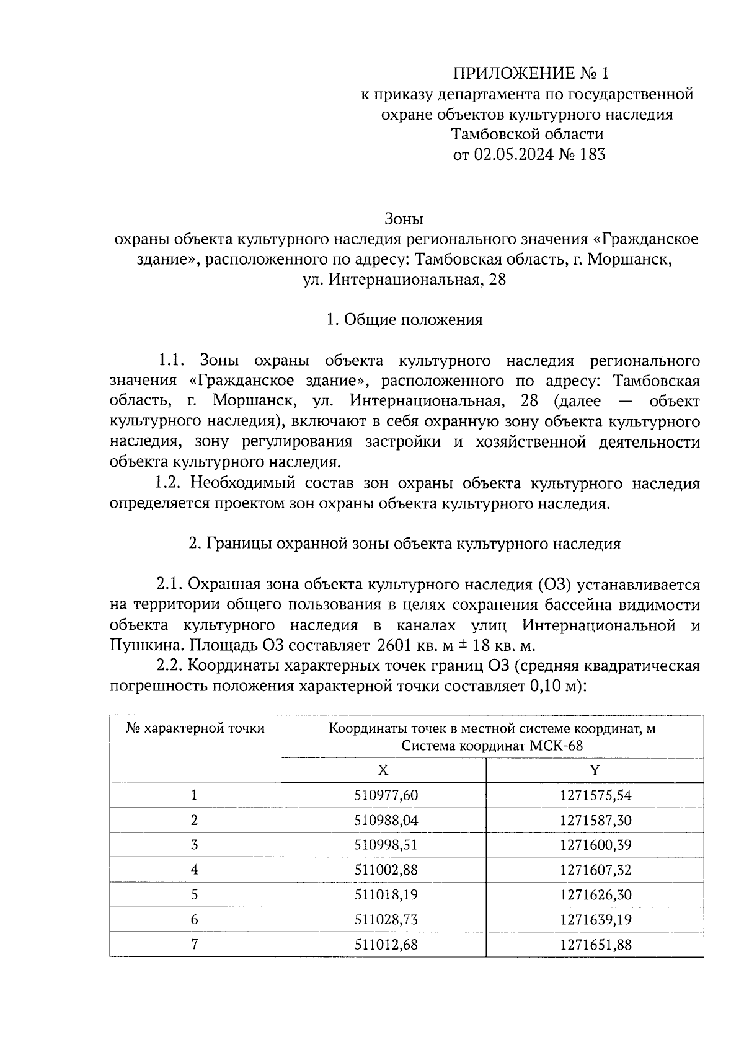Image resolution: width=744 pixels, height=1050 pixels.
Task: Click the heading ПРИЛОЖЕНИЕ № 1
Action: pos(531,74)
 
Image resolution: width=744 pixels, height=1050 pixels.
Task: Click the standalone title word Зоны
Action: pos(404,219)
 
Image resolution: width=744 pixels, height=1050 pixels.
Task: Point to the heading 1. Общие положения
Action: pos(404,320)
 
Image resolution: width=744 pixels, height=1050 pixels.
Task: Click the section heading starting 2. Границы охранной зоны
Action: pos(404,544)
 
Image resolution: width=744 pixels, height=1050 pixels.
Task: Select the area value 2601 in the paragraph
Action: pos(394,646)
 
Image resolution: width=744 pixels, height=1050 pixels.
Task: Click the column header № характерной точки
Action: pos(195,728)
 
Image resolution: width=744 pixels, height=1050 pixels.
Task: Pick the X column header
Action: pos(383,770)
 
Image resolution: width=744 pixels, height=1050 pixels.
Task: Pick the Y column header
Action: pos(595,770)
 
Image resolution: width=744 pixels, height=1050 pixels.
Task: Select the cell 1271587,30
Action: pos(595,820)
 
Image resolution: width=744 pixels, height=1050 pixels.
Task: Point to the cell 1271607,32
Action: pos(595,870)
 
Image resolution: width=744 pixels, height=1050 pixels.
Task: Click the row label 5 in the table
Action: pos(195,894)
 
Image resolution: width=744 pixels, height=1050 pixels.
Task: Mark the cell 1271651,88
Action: pos(595,945)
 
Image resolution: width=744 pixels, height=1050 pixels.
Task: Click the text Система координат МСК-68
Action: pos(492,746)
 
